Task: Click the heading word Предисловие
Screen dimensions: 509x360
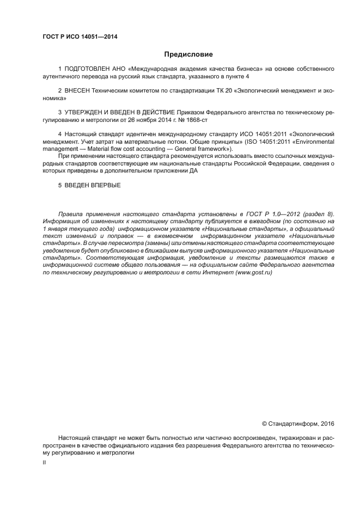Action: [x=188, y=54]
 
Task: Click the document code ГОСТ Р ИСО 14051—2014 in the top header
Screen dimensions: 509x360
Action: [x=80, y=37]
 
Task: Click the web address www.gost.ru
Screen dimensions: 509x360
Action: [x=254, y=272]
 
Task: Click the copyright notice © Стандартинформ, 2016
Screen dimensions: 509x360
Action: [x=297, y=423]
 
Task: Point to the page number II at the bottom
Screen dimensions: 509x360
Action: [x=44, y=462]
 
